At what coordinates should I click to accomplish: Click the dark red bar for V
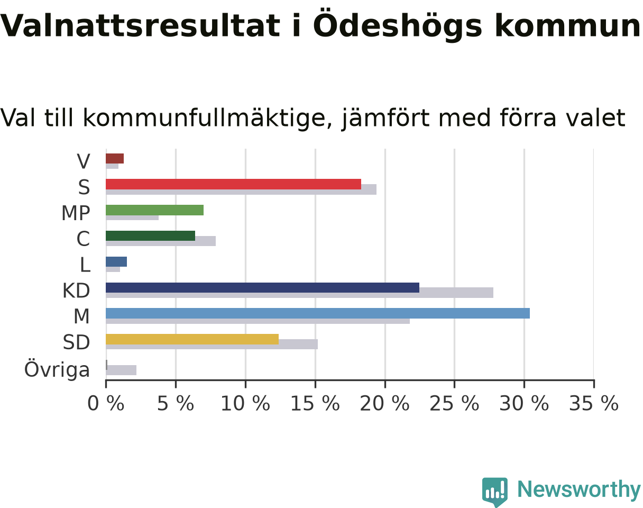(x=115, y=158)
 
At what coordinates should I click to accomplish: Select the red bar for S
(x=233, y=184)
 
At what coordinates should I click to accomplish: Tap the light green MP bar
(x=155, y=210)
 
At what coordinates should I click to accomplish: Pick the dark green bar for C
(x=151, y=236)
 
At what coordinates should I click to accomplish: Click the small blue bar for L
(x=116, y=261)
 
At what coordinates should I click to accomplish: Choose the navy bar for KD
(x=262, y=288)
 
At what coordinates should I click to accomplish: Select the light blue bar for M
(x=318, y=313)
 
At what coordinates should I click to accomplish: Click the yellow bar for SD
(x=192, y=339)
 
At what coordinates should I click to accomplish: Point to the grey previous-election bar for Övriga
(x=121, y=370)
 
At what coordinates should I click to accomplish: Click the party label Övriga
(x=57, y=370)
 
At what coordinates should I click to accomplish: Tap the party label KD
(x=76, y=291)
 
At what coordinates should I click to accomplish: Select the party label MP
(x=76, y=213)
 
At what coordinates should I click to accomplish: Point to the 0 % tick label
(x=106, y=404)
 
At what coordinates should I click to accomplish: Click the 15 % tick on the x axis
(x=315, y=384)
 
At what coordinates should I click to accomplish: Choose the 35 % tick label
(x=594, y=404)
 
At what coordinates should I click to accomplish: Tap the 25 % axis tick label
(x=454, y=404)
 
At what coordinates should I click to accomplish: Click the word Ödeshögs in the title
(x=398, y=25)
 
